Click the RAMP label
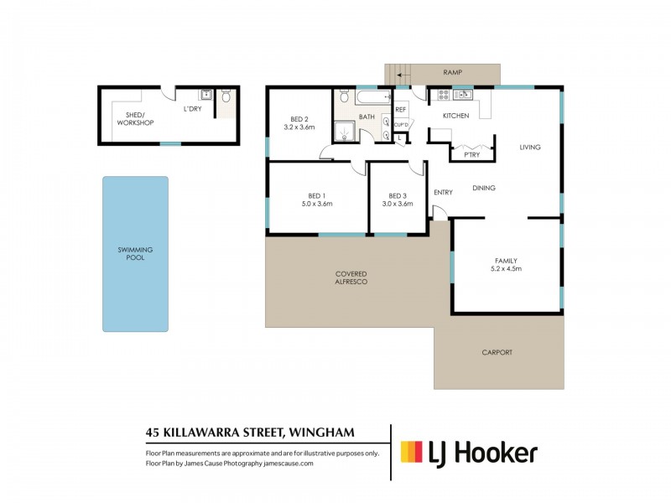click(x=454, y=72)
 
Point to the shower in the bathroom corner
click(x=344, y=130)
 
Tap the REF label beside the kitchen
click(x=400, y=110)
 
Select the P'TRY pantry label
click(x=460, y=155)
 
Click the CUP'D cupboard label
click(x=401, y=125)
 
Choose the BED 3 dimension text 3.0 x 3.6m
click(x=398, y=204)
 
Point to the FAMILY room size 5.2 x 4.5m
click(x=506, y=269)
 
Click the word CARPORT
click(x=497, y=353)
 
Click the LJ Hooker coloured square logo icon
click(x=411, y=453)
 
